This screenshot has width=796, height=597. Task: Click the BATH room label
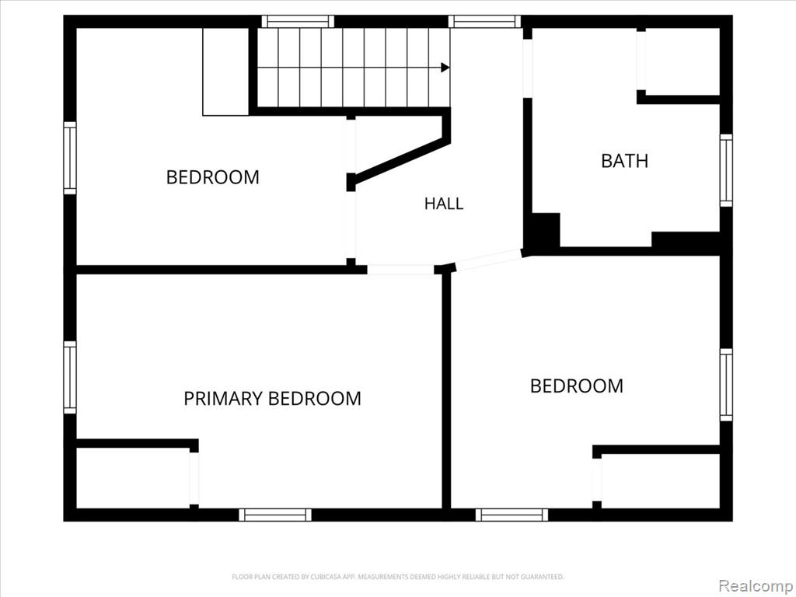coord(624,161)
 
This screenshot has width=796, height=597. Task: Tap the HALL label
coord(444,204)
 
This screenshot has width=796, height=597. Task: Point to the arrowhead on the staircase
coord(445,68)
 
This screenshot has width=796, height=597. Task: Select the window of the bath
coord(727,170)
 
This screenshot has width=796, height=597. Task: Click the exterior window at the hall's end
coord(485,21)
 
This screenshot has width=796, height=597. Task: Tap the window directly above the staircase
coord(298,21)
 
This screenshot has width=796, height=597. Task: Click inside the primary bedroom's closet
coord(133,478)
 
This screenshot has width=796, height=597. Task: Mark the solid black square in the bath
coord(545,231)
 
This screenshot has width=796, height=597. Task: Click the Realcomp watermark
coord(756,585)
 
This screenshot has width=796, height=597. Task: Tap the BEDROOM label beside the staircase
coord(213,177)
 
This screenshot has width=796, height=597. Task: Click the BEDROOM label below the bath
coord(577,386)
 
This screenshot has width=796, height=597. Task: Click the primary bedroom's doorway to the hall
coord(400,269)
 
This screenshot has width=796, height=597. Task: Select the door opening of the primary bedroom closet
coord(194,478)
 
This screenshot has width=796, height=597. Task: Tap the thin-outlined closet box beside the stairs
coord(225,72)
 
